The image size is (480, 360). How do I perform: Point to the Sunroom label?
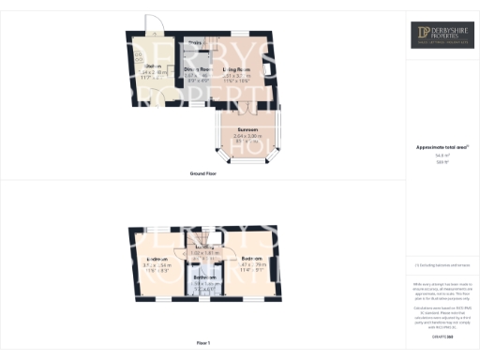click(247, 129)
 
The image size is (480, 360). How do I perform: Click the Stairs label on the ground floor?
click(195, 43)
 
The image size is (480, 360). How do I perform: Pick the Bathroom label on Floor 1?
click(205, 277)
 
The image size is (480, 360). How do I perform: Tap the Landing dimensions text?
click(204, 253)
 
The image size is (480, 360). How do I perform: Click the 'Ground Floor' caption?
click(204, 174)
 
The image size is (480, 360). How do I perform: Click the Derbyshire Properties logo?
click(442, 35)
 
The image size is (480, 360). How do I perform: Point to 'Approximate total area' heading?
click(442, 147)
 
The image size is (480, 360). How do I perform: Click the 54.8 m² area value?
click(442, 156)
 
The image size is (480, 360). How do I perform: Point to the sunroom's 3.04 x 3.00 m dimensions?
click(247, 137)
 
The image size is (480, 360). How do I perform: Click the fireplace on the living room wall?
click(271, 69)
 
